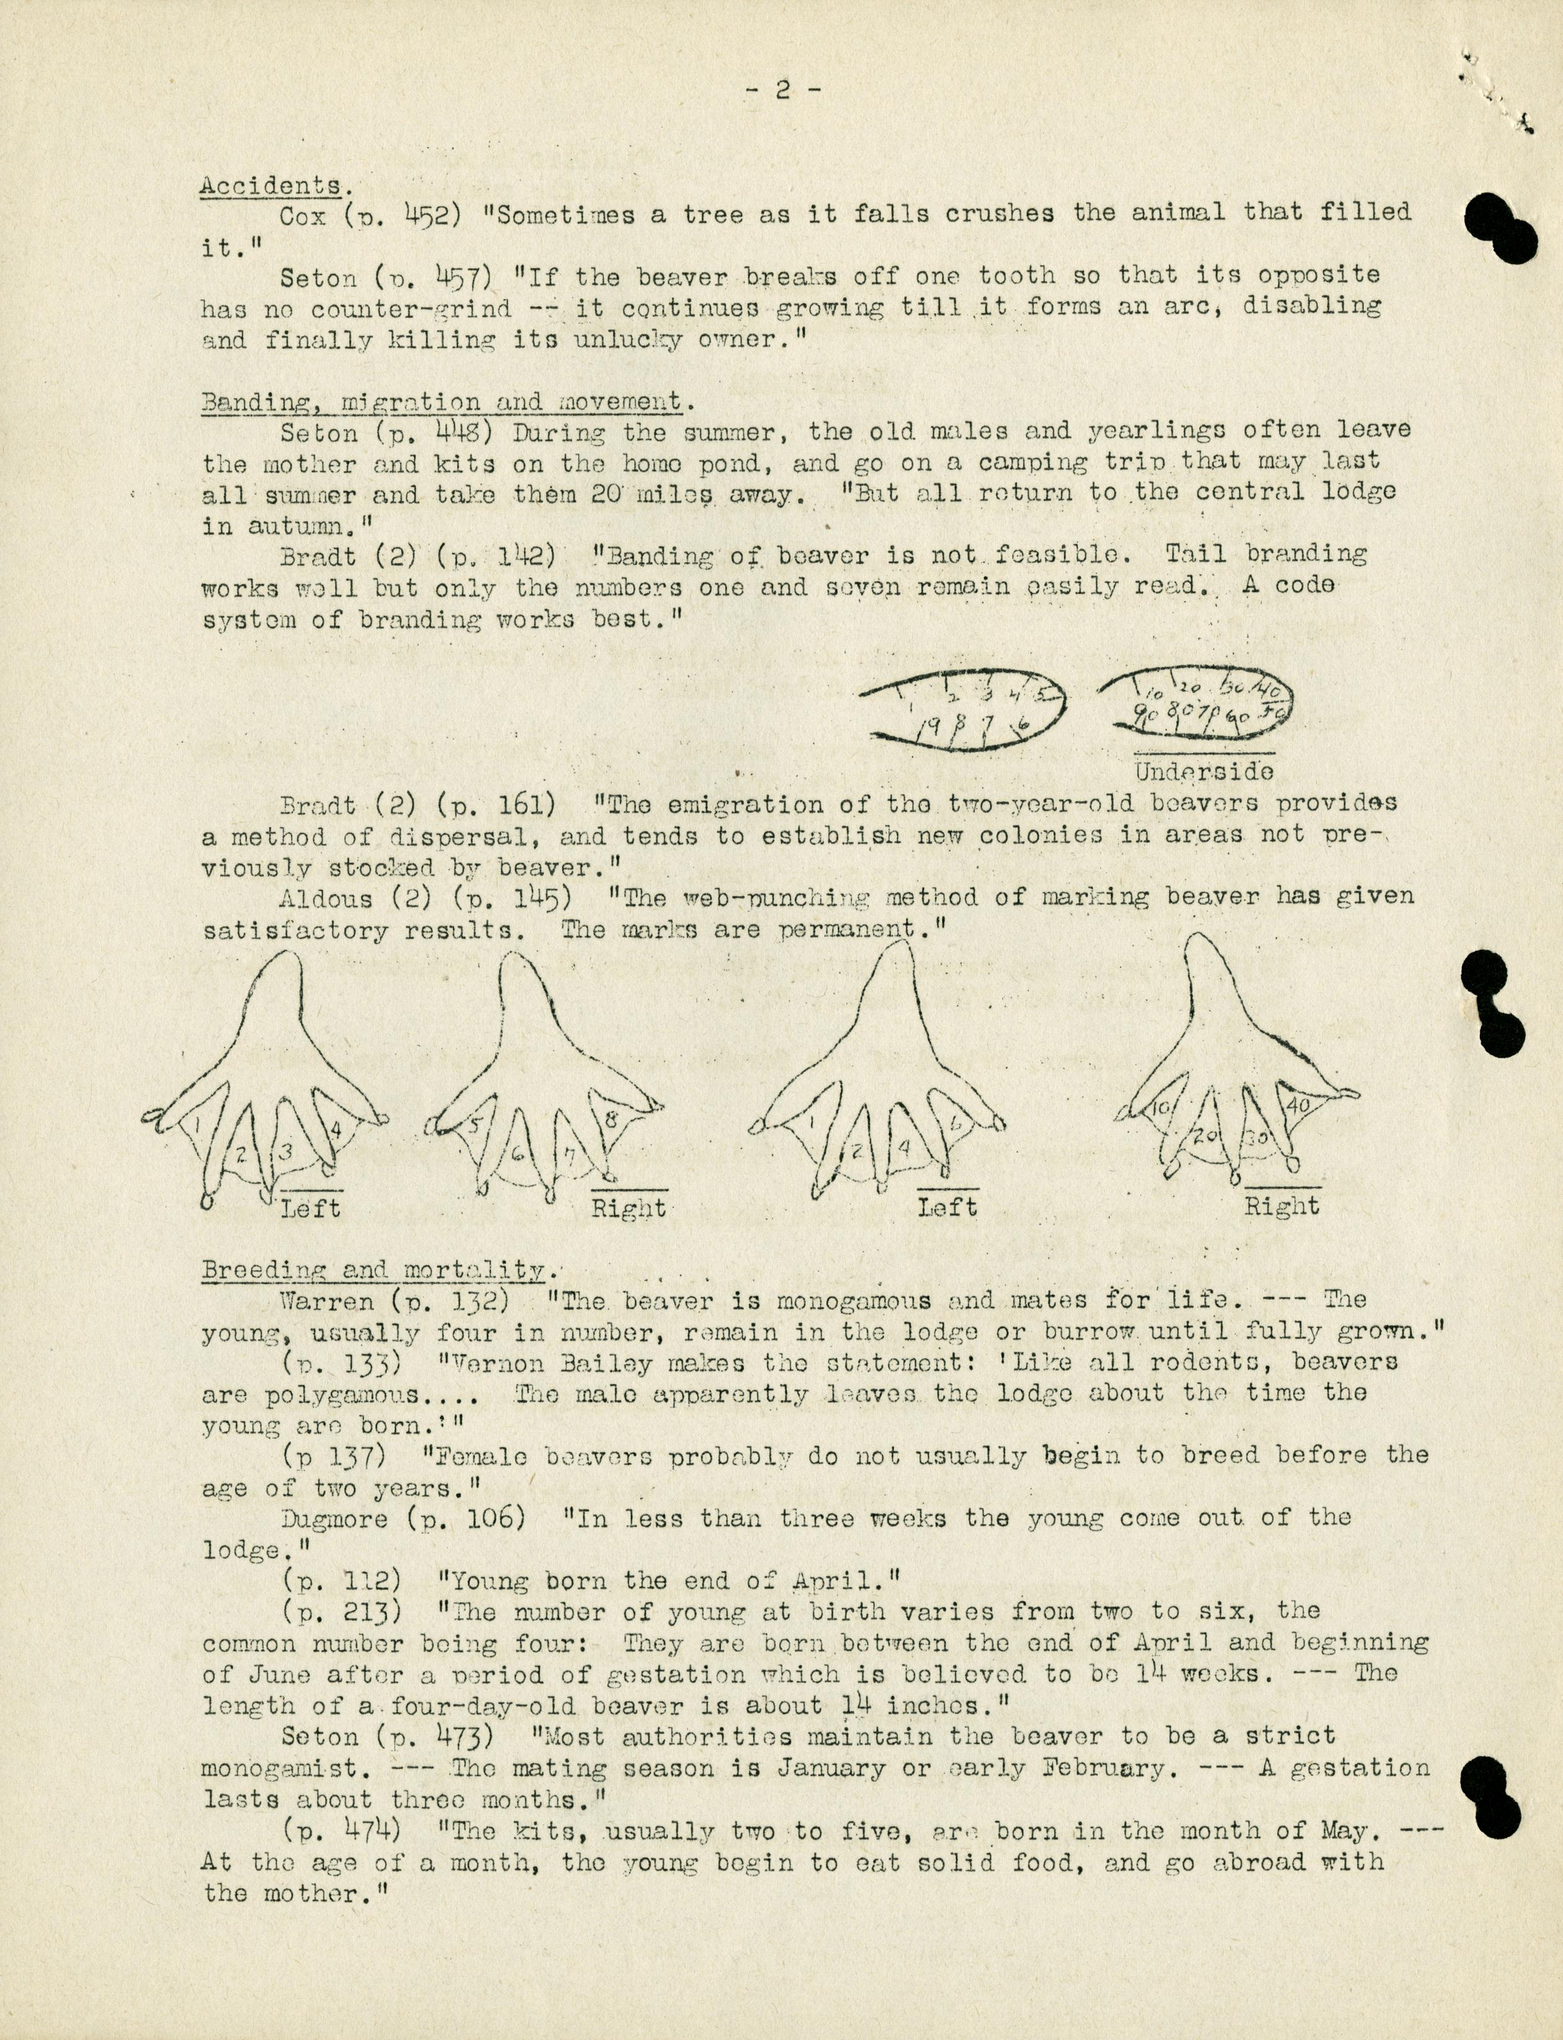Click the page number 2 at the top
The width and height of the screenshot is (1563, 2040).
[x=782, y=89]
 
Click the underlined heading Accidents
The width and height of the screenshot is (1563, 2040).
[x=271, y=184]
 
